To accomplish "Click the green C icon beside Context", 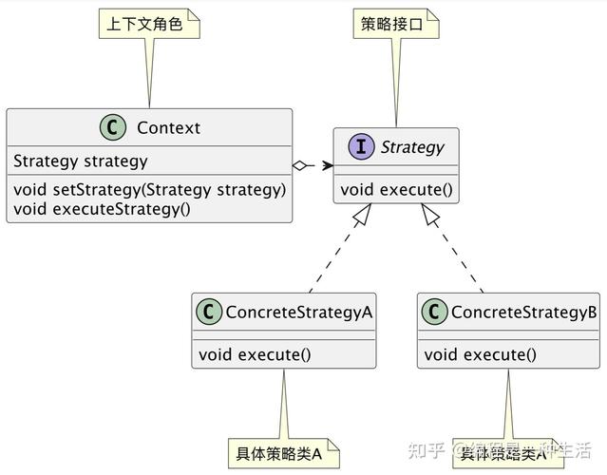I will click(x=114, y=128).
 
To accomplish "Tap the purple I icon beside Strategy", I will click(x=361, y=147).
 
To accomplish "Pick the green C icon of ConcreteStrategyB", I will click(x=435, y=313).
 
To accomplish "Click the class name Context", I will click(x=168, y=128).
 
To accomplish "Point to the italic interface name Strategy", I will click(x=411, y=147).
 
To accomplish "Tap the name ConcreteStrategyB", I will click(x=523, y=313).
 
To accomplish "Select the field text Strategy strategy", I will click(x=80, y=161).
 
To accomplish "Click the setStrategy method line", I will click(x=149, y=189).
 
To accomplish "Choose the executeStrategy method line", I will click(x=102, y=207).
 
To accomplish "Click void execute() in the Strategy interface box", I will click(x=396, y=189).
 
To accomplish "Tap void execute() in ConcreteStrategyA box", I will click(x=255, y=355).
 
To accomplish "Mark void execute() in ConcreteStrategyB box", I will click(x=480, y=355).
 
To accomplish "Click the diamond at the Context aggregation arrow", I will click(x=301, y=166).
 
